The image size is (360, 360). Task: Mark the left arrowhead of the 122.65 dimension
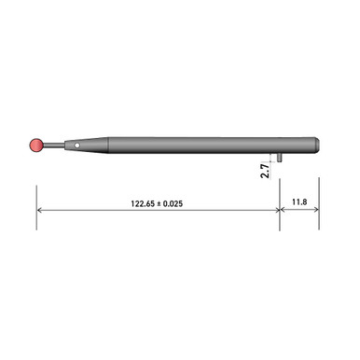(x=41, y=210)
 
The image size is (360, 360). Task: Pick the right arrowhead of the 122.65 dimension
(x=275, y=210)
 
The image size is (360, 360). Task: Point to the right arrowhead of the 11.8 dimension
(x=315, y=210)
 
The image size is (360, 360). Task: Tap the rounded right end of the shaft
(x=318, y=145)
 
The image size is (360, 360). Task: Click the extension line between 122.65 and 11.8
(x=280, y=201)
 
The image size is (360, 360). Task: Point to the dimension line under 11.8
(x=299, y=210)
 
